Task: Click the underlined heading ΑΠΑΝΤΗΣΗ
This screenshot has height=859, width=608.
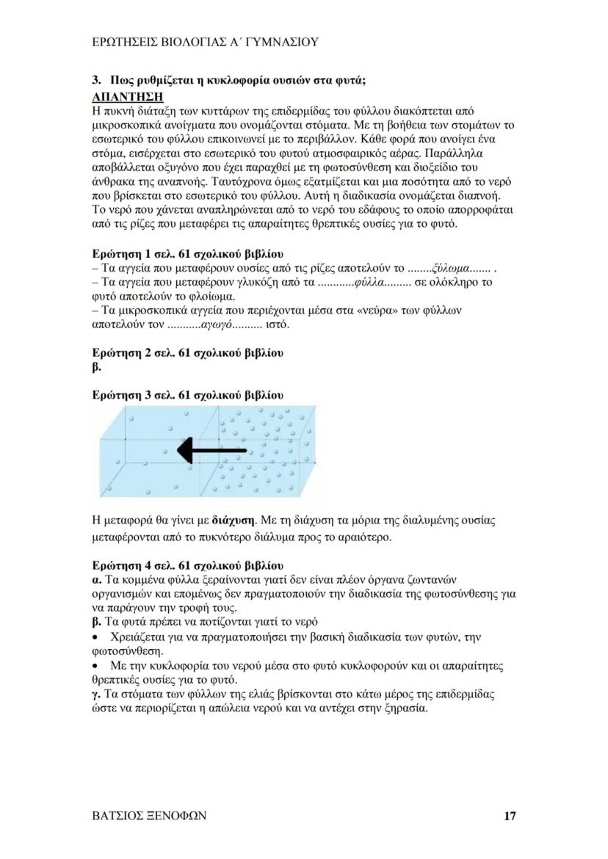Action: tap(126, 96)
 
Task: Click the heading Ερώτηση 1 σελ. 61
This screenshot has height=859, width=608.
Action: tap(187, 253)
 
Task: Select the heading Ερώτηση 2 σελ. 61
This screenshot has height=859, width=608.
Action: tap(187, 352)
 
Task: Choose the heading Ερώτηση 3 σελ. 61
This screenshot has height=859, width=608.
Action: tap(187, 395)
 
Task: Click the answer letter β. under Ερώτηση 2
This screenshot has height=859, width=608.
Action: tap(96, 366)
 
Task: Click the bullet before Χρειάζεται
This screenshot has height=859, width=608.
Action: tap(95, 637)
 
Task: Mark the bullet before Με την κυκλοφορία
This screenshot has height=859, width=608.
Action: tap(95, 665)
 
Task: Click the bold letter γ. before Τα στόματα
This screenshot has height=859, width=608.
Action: tap(96, 693)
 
